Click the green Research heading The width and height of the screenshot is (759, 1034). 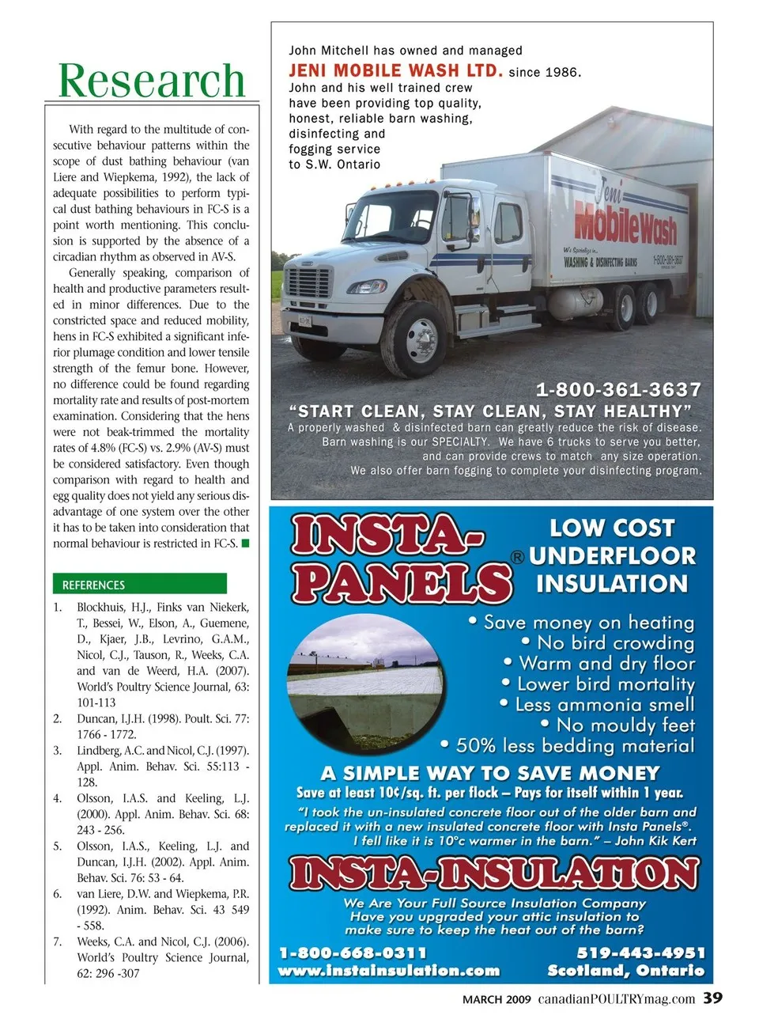152,81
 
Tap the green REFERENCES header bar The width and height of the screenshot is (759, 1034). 140,585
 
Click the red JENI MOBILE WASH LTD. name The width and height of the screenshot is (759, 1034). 395,70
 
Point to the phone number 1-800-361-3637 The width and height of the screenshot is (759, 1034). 618,389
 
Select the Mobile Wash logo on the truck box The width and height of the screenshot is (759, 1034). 625,218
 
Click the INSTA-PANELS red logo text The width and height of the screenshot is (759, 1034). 399,558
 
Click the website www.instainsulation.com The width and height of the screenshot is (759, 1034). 389,971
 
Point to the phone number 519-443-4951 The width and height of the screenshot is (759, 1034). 640,953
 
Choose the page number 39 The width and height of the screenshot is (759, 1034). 712,998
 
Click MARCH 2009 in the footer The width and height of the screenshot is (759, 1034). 497,999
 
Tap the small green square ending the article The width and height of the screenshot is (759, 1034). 245,543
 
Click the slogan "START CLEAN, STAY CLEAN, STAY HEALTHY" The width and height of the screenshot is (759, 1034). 490,411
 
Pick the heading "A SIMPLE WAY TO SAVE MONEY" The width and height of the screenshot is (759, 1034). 490,773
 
